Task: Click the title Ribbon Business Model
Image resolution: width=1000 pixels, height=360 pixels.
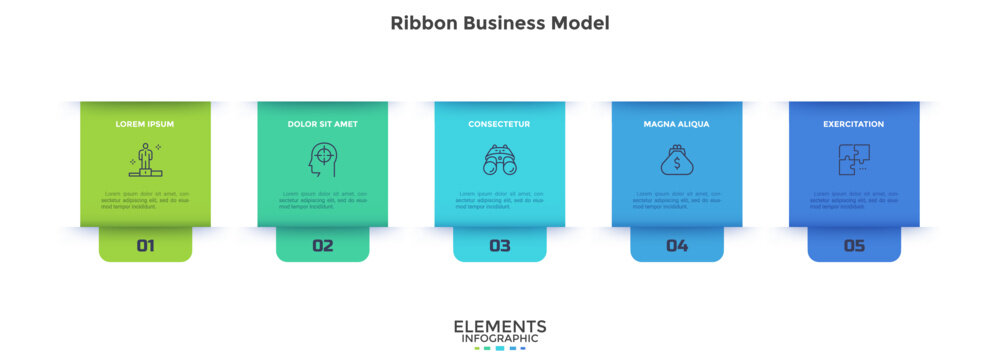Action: pyautogui.click(x=499, y=22)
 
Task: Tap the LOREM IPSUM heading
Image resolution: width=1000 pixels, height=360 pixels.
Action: pyautogui.click(x=145, y=124)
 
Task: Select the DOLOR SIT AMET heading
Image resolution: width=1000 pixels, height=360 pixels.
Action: pyautogui.click(x=322, y=124)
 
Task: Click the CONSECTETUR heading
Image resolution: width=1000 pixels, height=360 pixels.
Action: pyautogui.click(x=499, y=124)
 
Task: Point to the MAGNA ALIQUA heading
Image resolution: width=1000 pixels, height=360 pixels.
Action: pyautogui.click(x=676, y=124)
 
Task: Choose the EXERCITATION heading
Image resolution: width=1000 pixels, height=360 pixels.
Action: pyautogui.click(x=853, y=124)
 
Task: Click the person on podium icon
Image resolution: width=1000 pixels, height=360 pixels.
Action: pyautogui.click(x=145, y=160)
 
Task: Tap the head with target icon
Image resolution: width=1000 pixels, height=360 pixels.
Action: pyautogui.click(x=321, y=160)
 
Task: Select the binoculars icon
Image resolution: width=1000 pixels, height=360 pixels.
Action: pyautogui.click(x=499, y=160)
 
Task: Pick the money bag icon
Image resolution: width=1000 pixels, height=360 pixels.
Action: pyautogui.click(x=676, y=160)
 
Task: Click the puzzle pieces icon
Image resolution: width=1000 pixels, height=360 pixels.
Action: pyautogui.click(x=853, y=160)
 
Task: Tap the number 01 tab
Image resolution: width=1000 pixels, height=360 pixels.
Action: pyautogui.click(x=145, y=245)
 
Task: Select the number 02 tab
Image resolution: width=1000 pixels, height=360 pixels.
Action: pyautogui.click(x=322, y=245)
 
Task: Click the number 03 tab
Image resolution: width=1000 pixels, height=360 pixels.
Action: pyautogui.click(x=499, y=245)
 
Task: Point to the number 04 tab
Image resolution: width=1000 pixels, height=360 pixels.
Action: pyautogui.click(x=676, y=245)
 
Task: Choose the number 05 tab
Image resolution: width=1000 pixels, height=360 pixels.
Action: pyautogui.click(x=853, y=245)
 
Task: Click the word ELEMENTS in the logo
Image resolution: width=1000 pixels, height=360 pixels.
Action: pyautogui.click(x=499, y=326)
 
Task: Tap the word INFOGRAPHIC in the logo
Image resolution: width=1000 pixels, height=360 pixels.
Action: pyautogui.click(x=499, y=339)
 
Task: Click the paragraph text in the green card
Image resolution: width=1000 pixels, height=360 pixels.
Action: pyautogui.click(x=145, y=200)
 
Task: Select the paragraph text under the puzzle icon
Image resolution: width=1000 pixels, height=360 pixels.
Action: pyautogui.click(x=853, y=200)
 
